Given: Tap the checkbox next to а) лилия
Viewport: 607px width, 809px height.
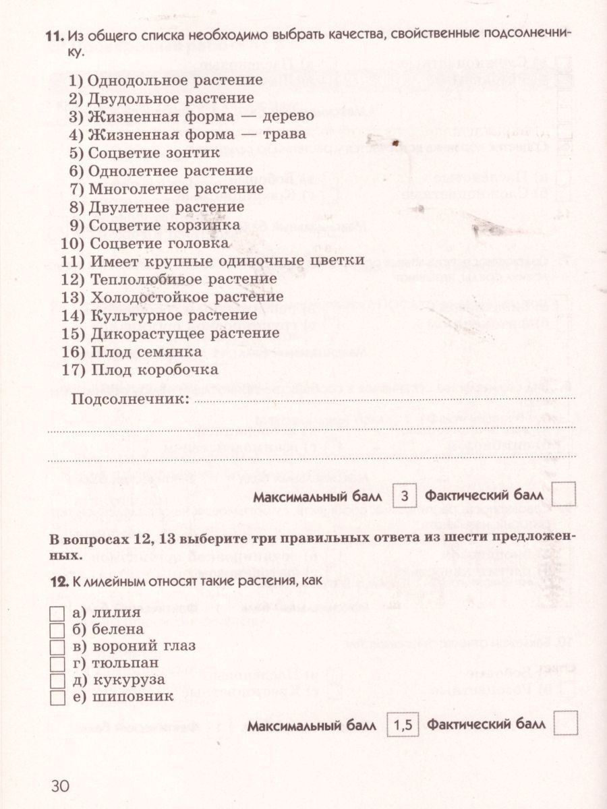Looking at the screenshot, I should [x=57, y=613].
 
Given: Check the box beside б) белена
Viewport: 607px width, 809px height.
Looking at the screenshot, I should [x=57, y=630].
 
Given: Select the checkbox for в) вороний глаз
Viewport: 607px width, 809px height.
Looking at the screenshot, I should [x=57, y=647].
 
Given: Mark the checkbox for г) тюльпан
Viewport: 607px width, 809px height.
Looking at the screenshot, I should [x=57, y=663].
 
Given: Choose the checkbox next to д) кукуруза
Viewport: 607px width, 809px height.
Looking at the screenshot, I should [x=57, y=680].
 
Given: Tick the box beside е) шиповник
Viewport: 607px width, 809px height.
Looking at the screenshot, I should [x=57, y=697].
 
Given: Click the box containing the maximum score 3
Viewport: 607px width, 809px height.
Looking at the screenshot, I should [x=404, y=498].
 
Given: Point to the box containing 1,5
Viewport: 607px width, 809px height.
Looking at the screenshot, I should [x=403, y=726].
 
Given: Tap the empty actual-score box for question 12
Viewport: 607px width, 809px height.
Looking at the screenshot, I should [x=565, y=724].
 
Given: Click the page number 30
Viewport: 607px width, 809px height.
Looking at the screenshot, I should [x=60, y=786].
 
